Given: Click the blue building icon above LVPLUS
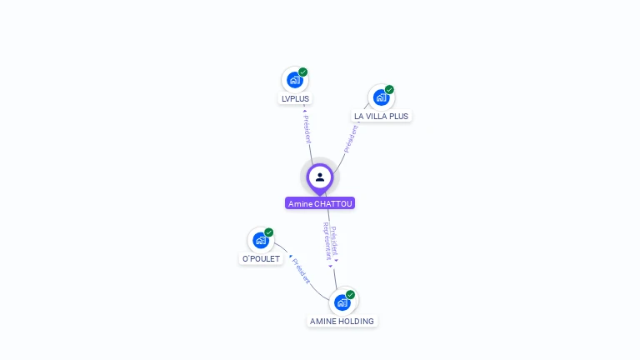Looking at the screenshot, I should point(293,80).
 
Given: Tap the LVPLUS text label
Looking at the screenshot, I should point(295,99).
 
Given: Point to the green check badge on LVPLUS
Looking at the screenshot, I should point(303,72).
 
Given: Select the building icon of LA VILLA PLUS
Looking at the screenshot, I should point(381,97).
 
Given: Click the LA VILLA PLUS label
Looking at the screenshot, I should point(381,117).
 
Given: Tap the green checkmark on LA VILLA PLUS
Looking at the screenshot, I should point(389,90).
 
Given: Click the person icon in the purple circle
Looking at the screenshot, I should point(320,177).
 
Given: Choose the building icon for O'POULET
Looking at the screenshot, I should point(261,241).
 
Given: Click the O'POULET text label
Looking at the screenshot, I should point(261,259).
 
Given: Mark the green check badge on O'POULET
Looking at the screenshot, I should point(269,232).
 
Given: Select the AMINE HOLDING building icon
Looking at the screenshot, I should point(342,302).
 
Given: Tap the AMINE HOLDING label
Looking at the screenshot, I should point(342,322).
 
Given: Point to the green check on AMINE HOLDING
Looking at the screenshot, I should point(351,295).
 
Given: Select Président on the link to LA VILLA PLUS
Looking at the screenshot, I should point(352,138).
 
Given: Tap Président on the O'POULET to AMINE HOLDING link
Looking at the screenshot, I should point(300,272).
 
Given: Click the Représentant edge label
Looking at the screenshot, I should point(327,242).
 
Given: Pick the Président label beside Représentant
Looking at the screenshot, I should point(334,240).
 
